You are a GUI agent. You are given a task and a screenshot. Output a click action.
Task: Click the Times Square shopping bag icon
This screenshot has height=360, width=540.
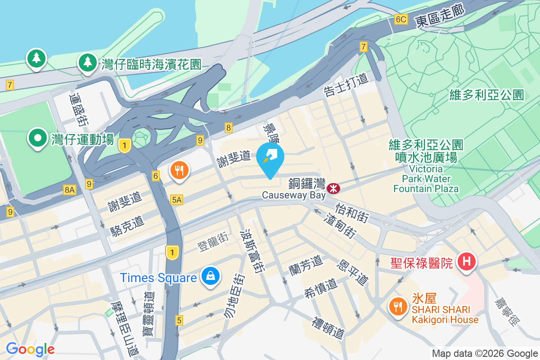[211, 276]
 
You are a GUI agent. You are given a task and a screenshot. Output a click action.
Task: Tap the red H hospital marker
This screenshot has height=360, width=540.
[467, 261]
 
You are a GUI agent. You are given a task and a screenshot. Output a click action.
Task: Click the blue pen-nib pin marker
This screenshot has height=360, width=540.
[270, 158]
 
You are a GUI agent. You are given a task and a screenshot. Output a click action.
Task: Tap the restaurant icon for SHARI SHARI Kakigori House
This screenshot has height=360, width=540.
[397, 307]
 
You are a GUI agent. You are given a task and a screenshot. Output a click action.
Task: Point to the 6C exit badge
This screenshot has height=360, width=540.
[400, 19]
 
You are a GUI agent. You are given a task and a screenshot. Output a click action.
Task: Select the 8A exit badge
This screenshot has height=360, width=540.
[70, 190]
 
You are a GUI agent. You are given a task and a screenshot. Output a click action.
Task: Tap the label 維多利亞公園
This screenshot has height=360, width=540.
[486, 95]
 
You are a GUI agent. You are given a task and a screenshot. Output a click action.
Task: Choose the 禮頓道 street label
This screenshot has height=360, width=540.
[329, 328]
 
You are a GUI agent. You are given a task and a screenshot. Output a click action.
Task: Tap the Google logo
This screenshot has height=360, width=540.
[30, 349]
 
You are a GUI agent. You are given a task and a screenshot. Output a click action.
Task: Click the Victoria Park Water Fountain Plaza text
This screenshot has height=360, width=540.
[426, 179]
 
